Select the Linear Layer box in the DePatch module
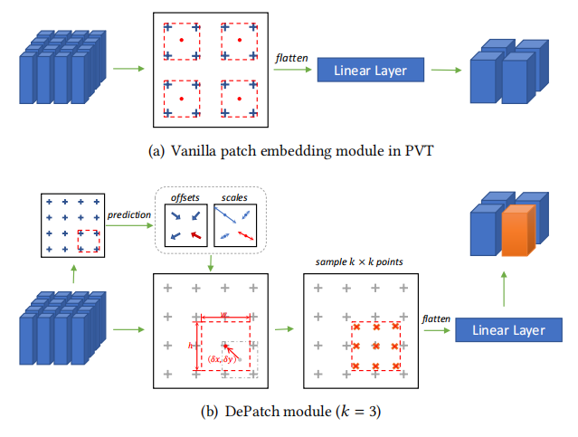(x=507, y=330)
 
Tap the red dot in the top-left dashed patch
(x=182, y=40)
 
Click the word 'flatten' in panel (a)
(x=290, y=58)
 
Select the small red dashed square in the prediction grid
(x=89, y=240)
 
